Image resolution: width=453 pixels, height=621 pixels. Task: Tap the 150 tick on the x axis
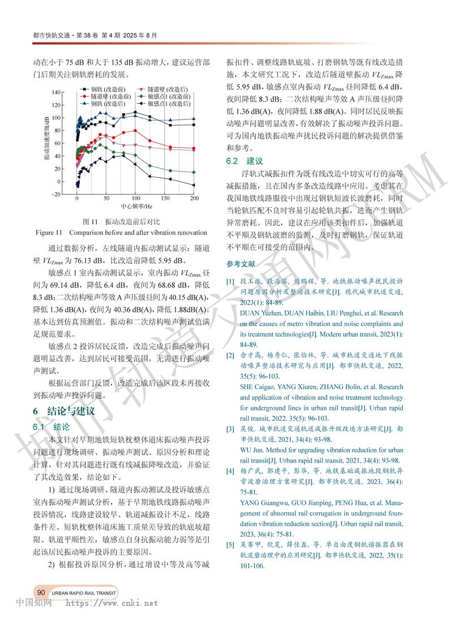pos(164,199)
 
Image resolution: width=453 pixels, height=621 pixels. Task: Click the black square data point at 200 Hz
pos(194,125)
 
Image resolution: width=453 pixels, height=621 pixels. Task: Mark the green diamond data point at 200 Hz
pos(194,172)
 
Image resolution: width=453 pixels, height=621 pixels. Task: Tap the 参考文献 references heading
pos(241,264)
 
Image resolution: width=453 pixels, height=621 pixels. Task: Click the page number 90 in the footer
pos(41,592)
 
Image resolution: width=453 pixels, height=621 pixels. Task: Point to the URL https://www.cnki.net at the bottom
pos(112,603)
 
